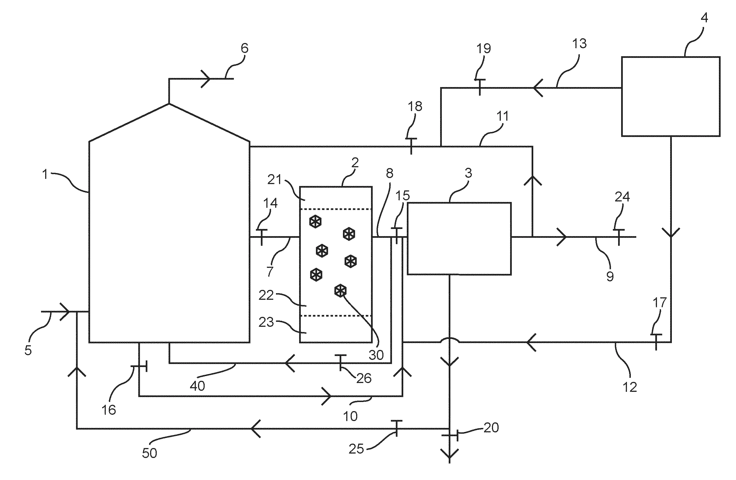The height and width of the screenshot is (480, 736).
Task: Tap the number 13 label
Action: pos(579,44)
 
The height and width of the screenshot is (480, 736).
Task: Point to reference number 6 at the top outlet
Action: pos(244,48)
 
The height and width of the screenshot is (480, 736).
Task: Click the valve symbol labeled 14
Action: pos(262,237)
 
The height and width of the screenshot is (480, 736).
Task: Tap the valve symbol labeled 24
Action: pos(619,237)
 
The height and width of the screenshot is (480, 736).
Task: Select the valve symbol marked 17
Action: pos(656,342)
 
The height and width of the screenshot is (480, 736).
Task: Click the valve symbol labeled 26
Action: pos(340,362)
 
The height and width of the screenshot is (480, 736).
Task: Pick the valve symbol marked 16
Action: pos(139,366)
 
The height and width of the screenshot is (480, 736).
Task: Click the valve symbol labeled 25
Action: pos(396,429)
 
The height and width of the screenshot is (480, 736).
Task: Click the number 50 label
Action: pos(149,453)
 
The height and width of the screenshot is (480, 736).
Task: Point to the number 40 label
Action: pos(197,386)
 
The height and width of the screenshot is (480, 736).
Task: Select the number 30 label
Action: pos(376,355)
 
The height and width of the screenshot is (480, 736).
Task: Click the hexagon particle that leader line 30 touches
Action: pos(340,291)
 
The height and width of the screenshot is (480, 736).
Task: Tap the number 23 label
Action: pos(266,322)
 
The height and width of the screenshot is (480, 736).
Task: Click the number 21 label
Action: pos(275,179)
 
